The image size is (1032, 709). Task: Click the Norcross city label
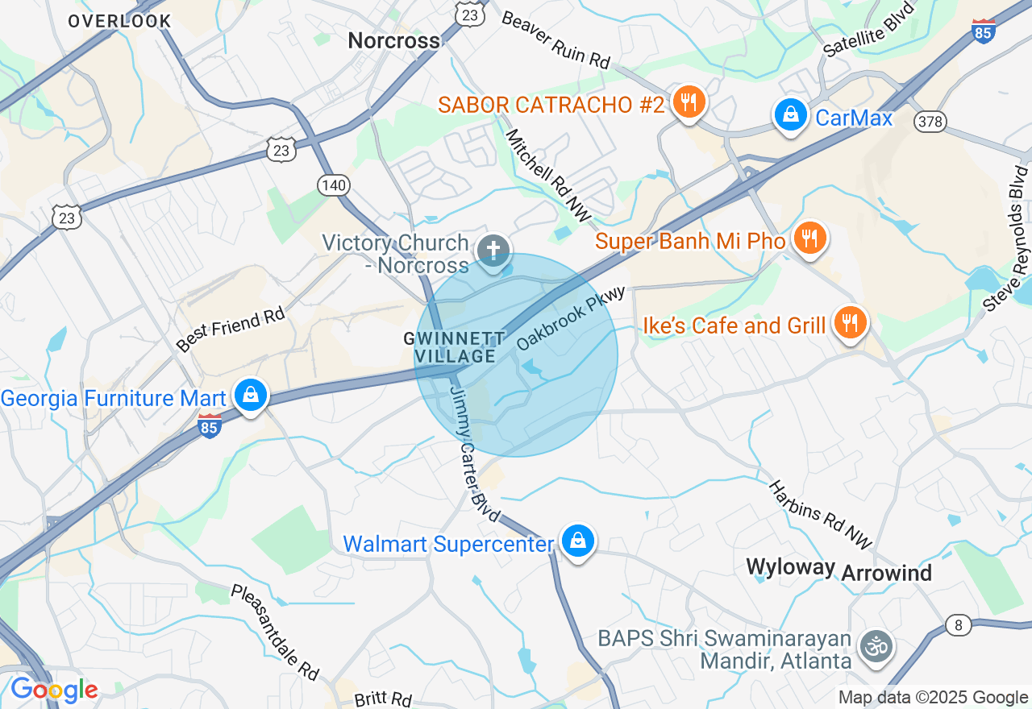394,40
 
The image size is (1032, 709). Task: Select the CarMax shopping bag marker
791,115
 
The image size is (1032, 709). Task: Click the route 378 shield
930,122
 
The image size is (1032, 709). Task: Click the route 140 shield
333,185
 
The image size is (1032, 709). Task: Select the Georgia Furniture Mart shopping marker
252,396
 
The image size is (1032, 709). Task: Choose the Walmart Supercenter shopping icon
577,541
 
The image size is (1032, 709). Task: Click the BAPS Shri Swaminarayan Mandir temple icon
876,646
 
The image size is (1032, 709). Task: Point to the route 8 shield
959,625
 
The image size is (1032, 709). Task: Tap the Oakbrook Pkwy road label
571,317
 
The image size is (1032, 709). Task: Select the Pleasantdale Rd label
275,632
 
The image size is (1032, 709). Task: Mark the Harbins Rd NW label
820,516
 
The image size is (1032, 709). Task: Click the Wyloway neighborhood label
790,566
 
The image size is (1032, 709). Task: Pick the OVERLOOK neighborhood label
119,21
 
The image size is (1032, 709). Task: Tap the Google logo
54,690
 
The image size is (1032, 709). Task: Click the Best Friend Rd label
231,328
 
